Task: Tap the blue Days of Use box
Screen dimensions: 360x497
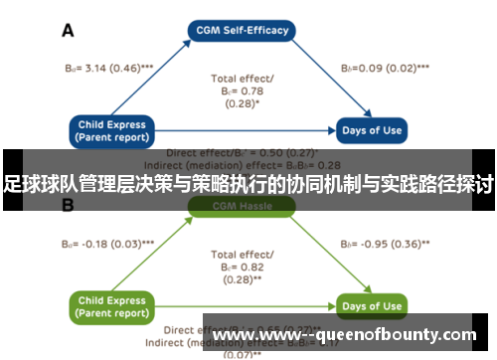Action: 372,130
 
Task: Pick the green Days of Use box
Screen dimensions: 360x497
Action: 372,305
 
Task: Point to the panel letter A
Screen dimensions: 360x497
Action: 68,30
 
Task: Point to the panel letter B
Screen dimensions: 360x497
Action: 68,206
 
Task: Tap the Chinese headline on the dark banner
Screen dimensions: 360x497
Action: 248,184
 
